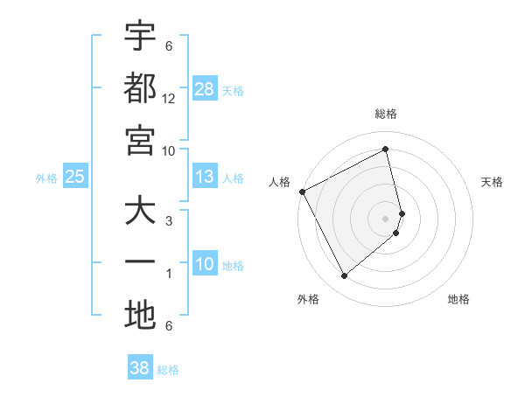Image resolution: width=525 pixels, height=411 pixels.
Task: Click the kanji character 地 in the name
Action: click(140, 316)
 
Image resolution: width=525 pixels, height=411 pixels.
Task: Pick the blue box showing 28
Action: click(205, 89)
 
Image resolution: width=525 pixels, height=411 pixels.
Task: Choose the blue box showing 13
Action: click(205, 178)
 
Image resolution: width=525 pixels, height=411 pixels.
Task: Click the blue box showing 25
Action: click(75, 178)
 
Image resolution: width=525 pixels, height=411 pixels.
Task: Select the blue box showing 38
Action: click(140, 368)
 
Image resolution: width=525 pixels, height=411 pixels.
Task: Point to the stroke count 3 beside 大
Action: click(169, 220)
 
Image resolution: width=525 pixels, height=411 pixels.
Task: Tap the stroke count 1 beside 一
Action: click(169, 274)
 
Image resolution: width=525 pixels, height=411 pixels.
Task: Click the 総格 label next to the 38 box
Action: click(168, 370)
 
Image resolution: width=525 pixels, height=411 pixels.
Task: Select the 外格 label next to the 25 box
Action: click(46, 178)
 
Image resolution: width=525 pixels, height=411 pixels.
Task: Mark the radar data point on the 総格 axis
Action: click(386, 149)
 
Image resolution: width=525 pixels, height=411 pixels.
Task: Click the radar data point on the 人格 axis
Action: click(302, 192)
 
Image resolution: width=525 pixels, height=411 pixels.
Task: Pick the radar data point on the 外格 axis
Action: click(344, 276)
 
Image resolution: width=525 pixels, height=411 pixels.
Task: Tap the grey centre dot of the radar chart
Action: click(386, 218)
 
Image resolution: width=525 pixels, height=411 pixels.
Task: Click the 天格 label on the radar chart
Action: click(493, 182)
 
